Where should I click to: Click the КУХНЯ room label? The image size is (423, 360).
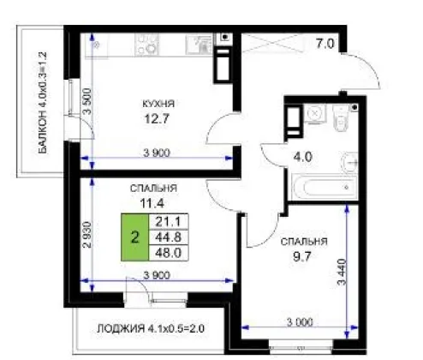point(158,104)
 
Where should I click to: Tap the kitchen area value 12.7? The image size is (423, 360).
point(157,118)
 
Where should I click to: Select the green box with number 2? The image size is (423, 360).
point(134,237)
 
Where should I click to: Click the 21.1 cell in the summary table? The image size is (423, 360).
point(169,221)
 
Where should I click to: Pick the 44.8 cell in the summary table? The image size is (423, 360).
point(169,237)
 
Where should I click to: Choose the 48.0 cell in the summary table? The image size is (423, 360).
point(169,253)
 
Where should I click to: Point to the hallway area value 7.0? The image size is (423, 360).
point(325,44)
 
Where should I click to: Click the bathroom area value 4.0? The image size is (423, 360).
point(303,157)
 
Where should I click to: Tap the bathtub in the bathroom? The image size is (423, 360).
point(325,188)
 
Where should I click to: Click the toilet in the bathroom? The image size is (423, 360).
point(342,117)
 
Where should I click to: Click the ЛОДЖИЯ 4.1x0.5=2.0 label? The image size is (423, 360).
point(151,328)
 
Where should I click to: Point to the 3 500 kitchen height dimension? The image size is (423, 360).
point(87,101)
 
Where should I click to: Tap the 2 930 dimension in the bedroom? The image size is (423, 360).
point(87,235)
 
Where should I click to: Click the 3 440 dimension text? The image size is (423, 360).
point(342,272)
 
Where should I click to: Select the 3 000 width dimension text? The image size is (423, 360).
point(300,322)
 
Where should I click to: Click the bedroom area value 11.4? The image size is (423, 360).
point(152,203)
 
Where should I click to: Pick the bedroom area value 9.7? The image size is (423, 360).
point(302,256)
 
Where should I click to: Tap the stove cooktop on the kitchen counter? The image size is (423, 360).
point(146,45)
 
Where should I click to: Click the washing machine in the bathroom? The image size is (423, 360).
point(315,114)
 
